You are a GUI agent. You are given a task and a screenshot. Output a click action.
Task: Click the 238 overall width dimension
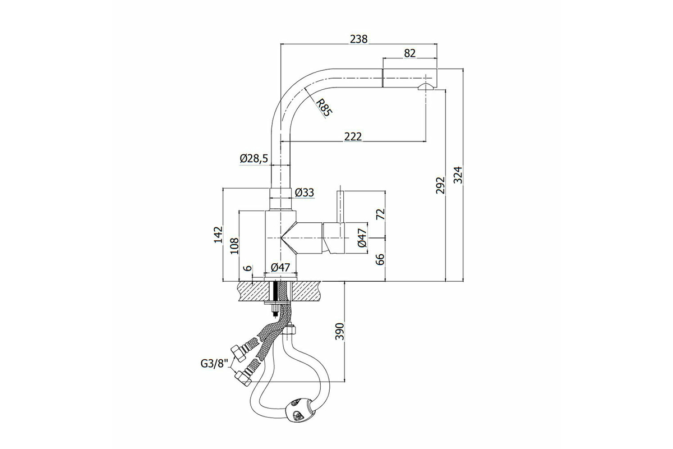click(359, 39)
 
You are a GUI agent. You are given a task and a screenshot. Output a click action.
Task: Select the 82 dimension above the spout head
click(409, 53)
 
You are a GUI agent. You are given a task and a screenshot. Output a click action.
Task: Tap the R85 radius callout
click(325, 108)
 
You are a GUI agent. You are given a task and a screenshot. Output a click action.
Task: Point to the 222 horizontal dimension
click(353, 136)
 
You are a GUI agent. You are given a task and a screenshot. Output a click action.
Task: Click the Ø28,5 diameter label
click(254, 158)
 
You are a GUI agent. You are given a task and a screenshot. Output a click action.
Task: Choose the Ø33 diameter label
click(305, 193)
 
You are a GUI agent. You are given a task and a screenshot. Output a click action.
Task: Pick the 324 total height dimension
click(458, 175)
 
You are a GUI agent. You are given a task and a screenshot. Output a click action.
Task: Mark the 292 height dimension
click(440, 185)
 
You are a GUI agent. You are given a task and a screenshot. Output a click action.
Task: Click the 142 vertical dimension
click(218, 235)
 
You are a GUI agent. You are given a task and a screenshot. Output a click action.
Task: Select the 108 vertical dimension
click(234, 246)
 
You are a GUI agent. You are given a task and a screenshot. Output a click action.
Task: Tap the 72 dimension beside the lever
click(380, 214)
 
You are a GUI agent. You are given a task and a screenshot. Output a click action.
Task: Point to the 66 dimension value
click(380, 259)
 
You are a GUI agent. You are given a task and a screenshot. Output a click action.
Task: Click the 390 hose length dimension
click(339, 331)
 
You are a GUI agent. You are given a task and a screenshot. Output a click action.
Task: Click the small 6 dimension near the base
click(247, 268)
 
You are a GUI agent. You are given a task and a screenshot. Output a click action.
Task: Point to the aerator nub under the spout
click(426, 87)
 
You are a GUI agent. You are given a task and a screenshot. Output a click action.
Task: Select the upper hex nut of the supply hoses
click(238, 355)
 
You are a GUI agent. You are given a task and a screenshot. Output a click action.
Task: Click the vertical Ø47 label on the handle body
click(362, 237)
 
